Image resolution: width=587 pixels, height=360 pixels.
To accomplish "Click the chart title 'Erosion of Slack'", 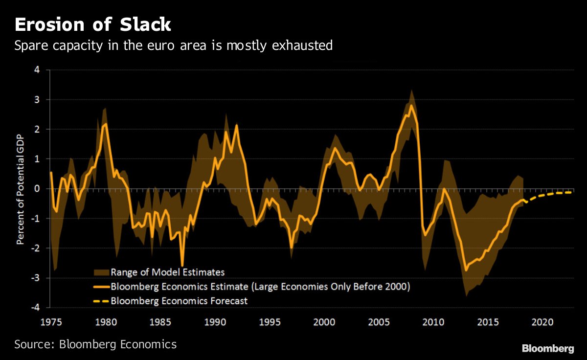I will click(x=93, y=24).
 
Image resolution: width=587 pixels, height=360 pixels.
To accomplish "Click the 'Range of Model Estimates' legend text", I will click(x=167, y=272).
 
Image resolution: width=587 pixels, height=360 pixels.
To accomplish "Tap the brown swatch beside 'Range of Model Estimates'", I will click(x=100, y=272).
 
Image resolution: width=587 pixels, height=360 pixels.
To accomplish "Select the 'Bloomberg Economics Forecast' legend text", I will click(x=179, y=301).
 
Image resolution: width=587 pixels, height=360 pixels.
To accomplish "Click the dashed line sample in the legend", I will click(x=100, y=301).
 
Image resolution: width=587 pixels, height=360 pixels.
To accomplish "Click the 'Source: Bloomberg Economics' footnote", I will click(x=95, y=344).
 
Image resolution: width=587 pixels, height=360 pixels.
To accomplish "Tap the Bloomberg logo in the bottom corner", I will click(x=548, y=348).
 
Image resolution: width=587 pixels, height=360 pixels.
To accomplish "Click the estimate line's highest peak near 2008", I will click(x=411, y=105).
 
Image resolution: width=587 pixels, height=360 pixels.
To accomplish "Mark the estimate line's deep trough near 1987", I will click(x=182, y=265).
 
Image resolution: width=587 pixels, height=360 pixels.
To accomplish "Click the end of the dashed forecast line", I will click(x=571, y=192).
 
